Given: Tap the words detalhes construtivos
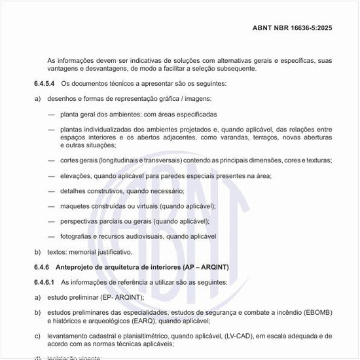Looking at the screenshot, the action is pyautogui.click(x=96, y=191).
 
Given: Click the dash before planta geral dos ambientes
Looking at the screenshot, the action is pyautogui.click(x=51, y=115).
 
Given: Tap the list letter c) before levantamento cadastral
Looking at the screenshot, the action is pyautogui.click(x=37, y=336).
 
